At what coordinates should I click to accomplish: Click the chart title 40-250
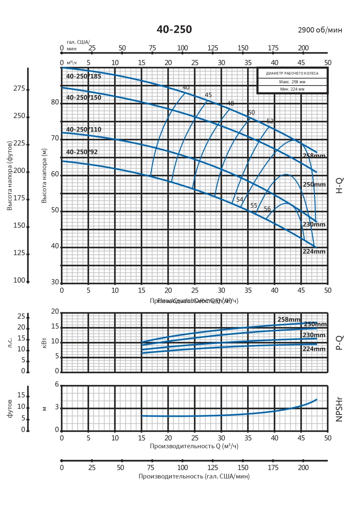tap(174, 30)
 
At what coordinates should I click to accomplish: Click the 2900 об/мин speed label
tap(320, 30)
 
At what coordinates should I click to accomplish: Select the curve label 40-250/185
tap(84, 76)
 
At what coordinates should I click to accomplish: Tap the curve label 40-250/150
tap(84, 98)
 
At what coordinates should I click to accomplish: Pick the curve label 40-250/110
tap(84, 129)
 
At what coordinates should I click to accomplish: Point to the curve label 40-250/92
tap(82, 152)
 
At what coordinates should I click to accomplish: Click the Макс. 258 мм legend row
tap(292, 82)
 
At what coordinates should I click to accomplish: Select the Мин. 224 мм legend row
tap(292, 89)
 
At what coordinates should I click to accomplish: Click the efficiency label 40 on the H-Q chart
tap(186, 88)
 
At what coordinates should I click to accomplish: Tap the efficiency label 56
tap(267, 209)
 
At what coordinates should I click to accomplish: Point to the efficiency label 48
tap(230, 104)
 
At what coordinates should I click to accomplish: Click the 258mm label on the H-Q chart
tap(314, 156)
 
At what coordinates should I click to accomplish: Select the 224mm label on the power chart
tap(314, 349)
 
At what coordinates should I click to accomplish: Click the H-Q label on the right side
tap(339, 186)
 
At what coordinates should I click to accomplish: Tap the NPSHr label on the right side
tap(339, 409)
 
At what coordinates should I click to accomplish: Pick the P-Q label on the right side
tap(339, 343)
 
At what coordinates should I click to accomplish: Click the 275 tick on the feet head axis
tap(19, 89)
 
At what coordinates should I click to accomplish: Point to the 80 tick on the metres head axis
tap(55, 102)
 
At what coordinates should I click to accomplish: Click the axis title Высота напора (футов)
tap(10, 176)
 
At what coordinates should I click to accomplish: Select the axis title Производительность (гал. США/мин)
tap(194, 476)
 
